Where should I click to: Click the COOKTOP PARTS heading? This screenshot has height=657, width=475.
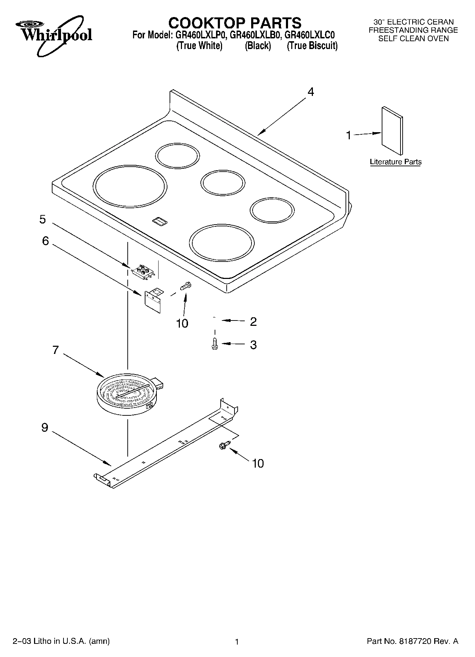tap(234, 23)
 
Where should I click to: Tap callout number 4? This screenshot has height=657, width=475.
tap(310, 92)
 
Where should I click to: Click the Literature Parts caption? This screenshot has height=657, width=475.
tap(396, 162)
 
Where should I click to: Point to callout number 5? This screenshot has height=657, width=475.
tap(43, 219)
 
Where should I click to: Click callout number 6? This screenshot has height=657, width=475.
tap(45, 241)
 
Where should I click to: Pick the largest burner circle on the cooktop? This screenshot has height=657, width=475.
tap(130, 186)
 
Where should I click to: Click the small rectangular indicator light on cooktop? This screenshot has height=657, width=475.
tap(159, 221)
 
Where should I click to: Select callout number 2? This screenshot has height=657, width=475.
tap(253, 322)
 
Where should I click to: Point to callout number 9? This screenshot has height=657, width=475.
tap(45, 427)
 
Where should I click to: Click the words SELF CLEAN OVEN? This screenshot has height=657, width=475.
tap(413, 39)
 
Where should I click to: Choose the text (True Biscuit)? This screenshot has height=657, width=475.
tap(312, 46)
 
